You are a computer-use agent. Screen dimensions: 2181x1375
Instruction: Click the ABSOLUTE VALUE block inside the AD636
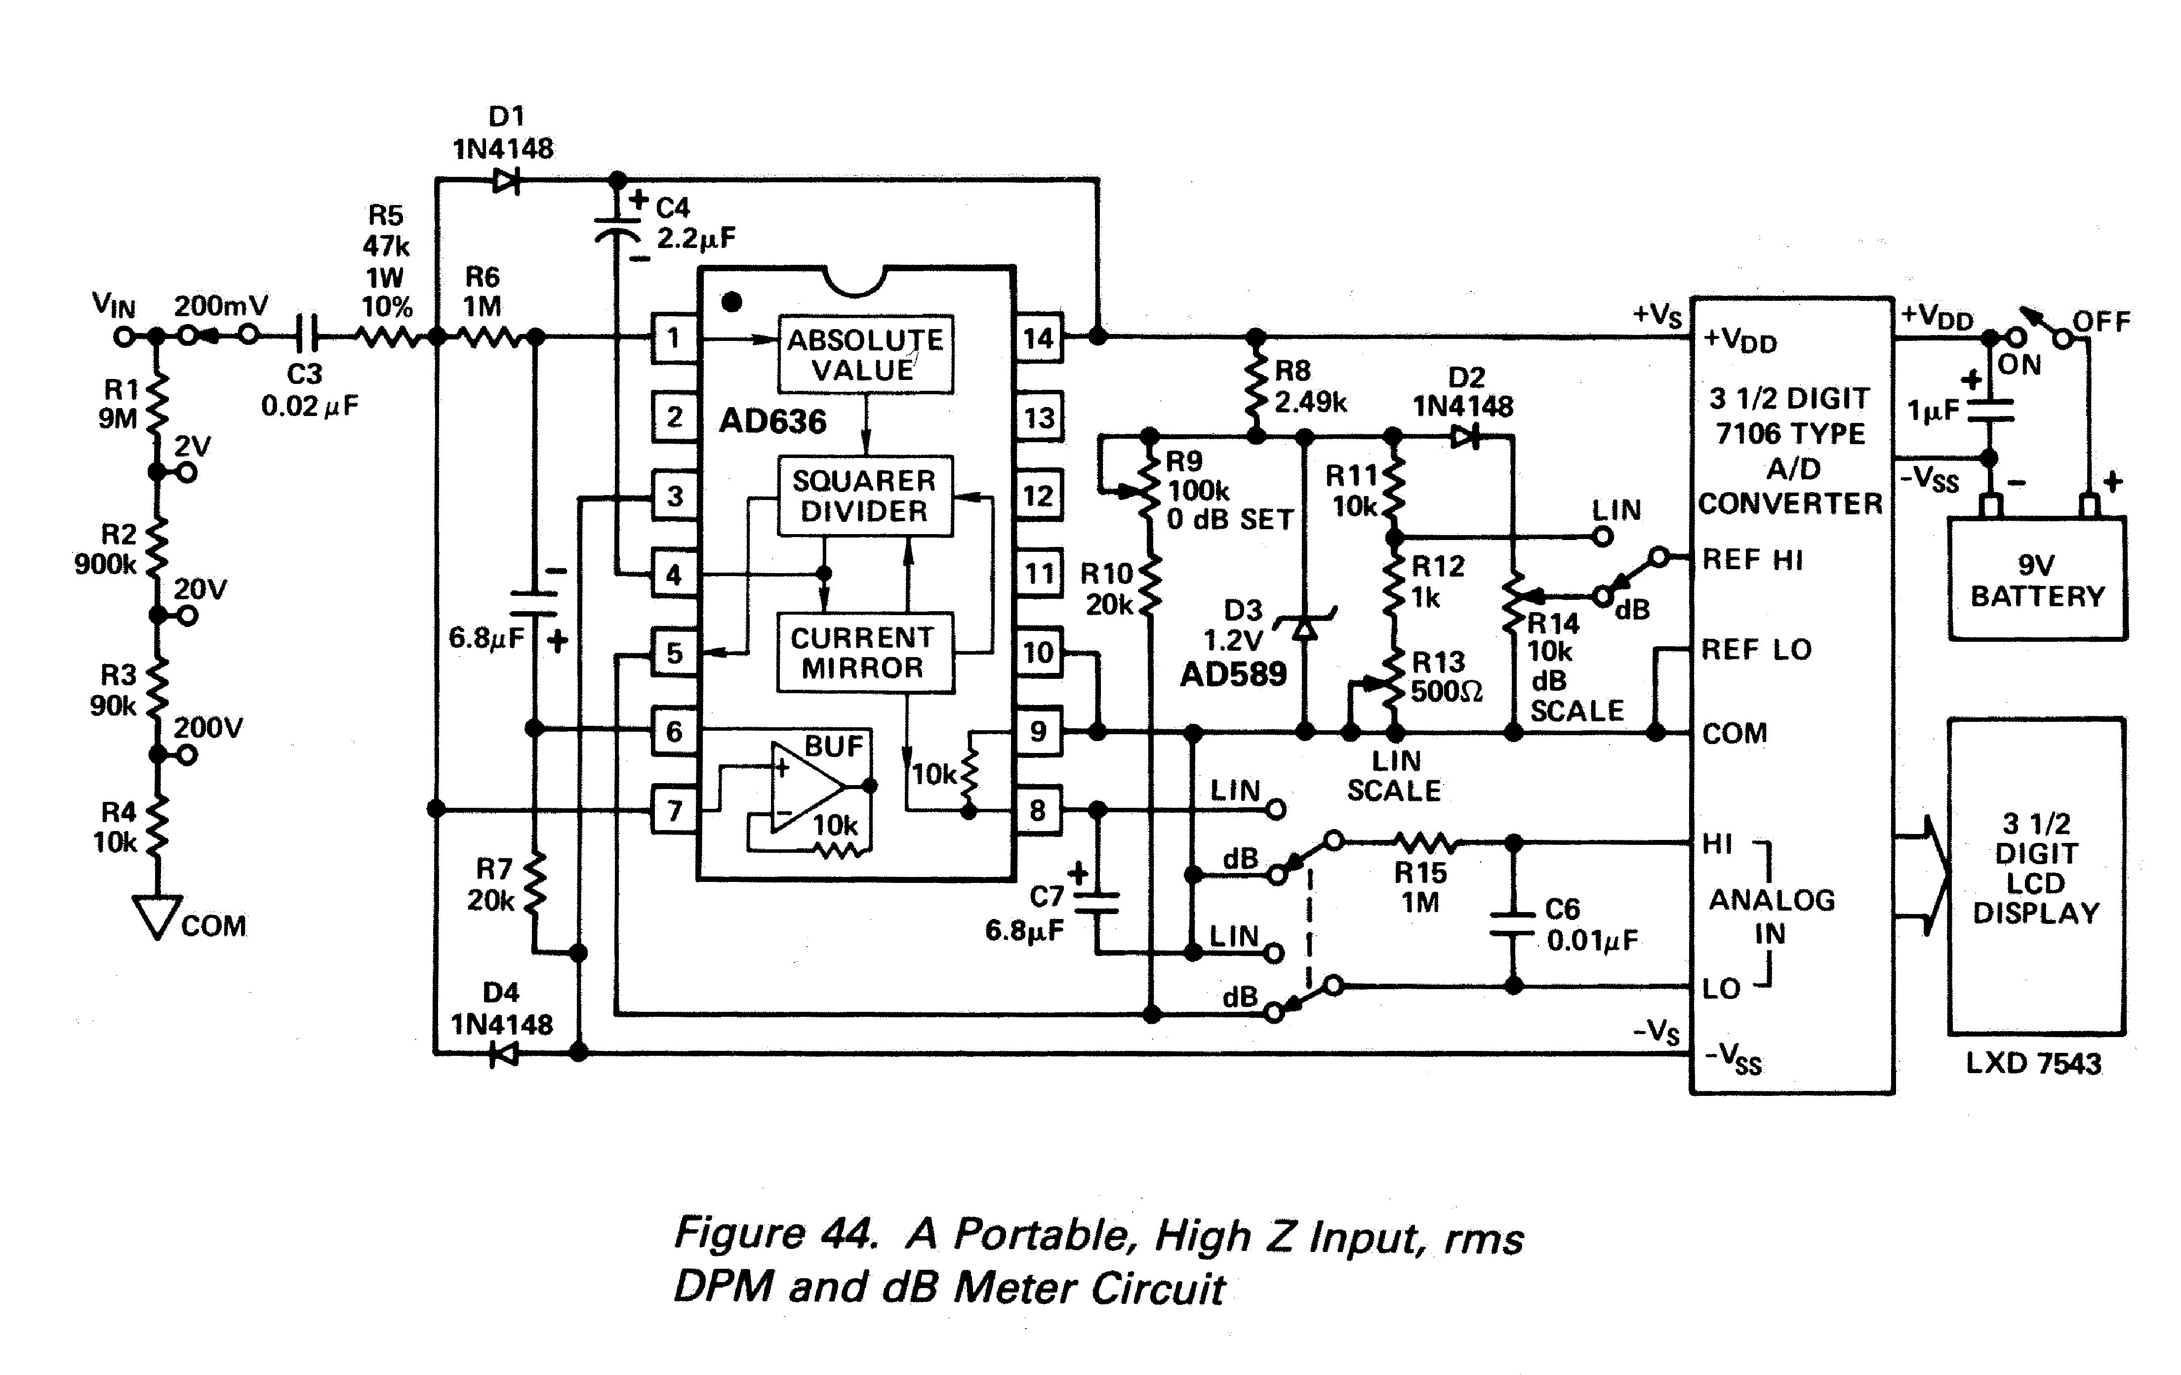[x=865, y=354]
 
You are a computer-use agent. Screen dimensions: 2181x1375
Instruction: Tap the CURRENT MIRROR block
[x=865, y=653]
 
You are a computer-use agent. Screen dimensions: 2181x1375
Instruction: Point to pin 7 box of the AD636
[x=674, y=810]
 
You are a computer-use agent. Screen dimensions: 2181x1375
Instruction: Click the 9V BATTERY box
[x=2037, y=579]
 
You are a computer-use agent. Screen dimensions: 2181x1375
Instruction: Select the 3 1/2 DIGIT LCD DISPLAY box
[x=2036, y=876]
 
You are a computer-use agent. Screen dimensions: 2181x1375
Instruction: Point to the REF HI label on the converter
[x=1753, y=560]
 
